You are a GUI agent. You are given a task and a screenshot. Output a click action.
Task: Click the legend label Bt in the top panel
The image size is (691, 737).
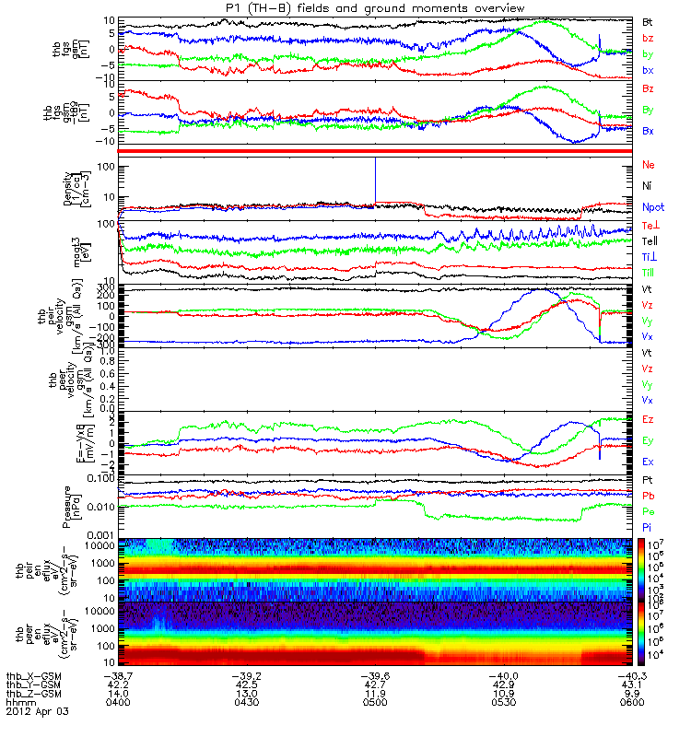[648, 20]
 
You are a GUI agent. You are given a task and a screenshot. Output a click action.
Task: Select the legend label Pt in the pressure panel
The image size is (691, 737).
[648, 481]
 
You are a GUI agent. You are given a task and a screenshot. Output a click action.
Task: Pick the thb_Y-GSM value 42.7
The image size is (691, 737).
[376, 684]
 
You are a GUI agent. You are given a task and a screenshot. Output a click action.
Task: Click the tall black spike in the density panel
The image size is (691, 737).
[376, 180]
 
